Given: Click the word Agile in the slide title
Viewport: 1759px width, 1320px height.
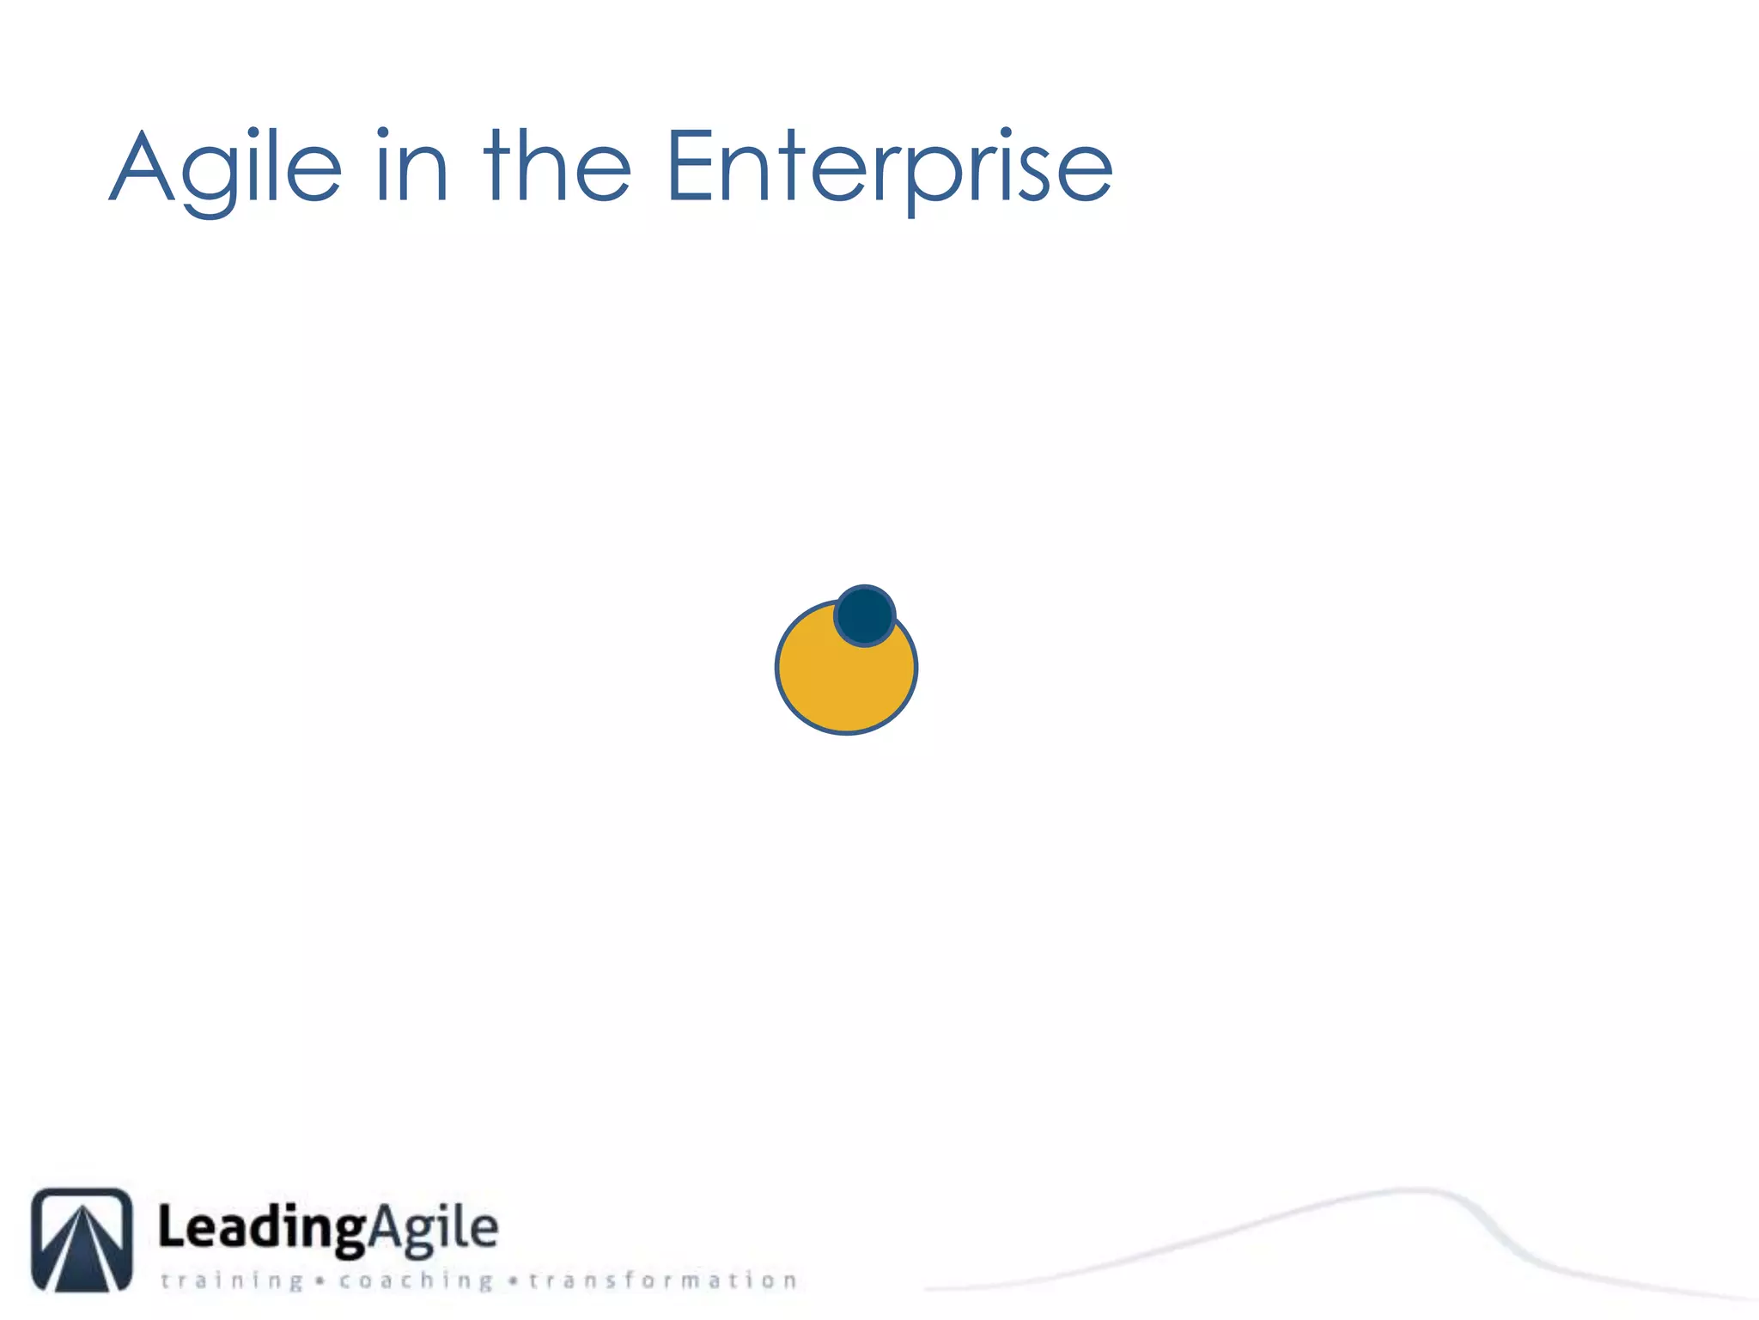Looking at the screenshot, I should pyautogui.click(x=225, y=168).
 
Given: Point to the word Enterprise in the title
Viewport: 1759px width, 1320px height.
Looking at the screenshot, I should pyautogui.click(x=890, y=168).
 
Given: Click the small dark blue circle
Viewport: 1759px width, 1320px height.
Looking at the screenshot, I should pyautogui.click(x=865, y=615).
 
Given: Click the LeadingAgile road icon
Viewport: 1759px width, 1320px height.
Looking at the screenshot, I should pyautogui.click(x=82, y=1239).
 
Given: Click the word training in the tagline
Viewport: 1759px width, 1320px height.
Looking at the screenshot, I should pyautogui.click(x=232, y=1281).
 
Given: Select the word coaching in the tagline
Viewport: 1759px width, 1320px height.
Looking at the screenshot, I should pyautogui.click(x=416, y=1281).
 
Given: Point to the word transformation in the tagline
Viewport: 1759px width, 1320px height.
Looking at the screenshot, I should pyautogui.click(x=662, y=1280).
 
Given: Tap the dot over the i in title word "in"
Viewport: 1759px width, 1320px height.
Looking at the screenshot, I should pyautogui.click(x=383, y=133).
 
